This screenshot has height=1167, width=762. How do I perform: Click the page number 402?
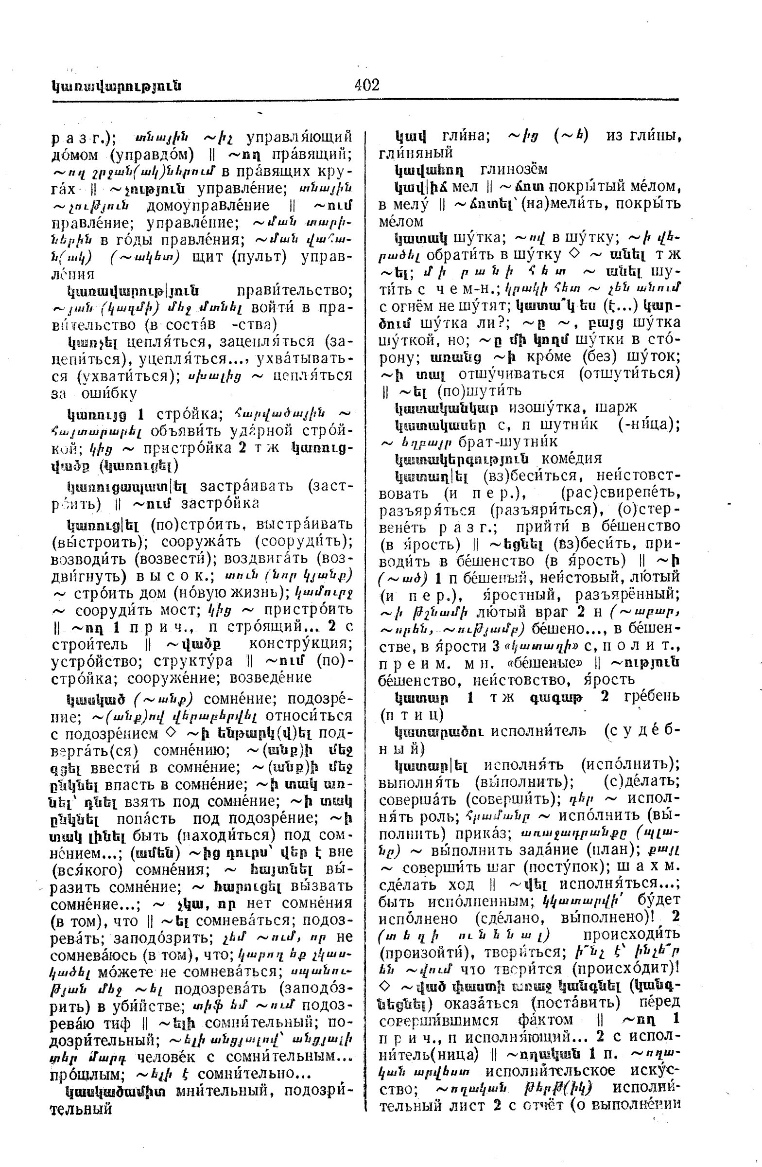366,85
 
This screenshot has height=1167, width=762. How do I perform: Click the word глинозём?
514,170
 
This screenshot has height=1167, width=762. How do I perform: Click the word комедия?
571,459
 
